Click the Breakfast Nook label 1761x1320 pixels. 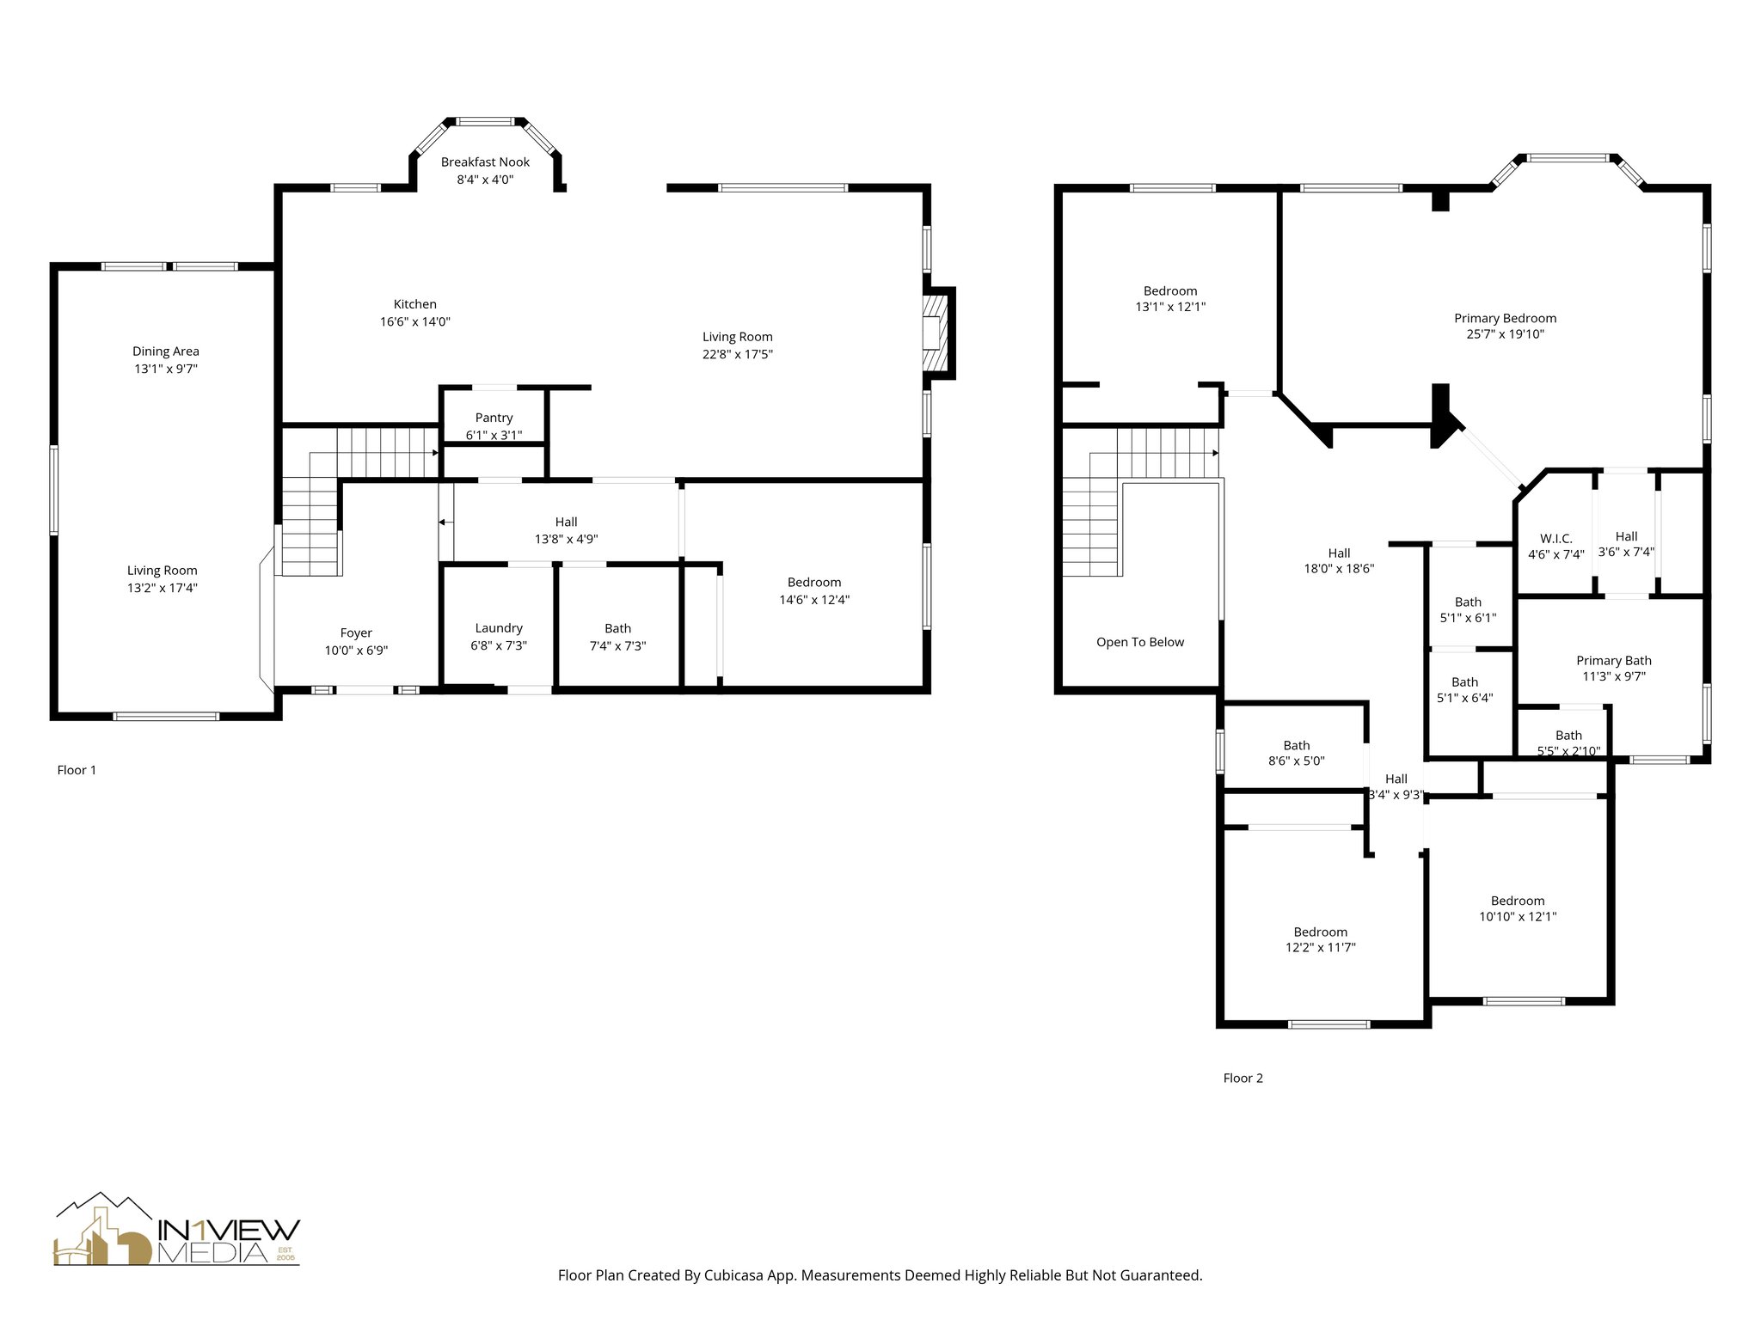[485, 162]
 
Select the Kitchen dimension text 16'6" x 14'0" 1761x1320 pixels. [415, 322]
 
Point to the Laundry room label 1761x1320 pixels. [499, 628]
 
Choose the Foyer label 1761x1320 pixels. [356, 633]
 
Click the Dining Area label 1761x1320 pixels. [166, 351]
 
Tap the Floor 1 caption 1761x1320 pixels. [77, 770]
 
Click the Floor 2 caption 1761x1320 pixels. [1243, 1078]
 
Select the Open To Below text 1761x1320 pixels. [1140, 642]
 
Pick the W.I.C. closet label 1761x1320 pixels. [1556, 539]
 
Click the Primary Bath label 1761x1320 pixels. [1613, 661]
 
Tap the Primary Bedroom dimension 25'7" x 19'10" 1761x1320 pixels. [1505, 334]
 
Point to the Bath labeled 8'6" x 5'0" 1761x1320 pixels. [1297, 753]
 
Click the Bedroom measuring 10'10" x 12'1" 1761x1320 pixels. [1518, 908]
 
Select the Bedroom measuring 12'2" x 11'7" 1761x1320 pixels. [1321, 939]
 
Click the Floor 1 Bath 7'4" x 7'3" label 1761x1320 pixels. [617, 637]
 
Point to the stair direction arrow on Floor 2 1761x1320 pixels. [1215, 452]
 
